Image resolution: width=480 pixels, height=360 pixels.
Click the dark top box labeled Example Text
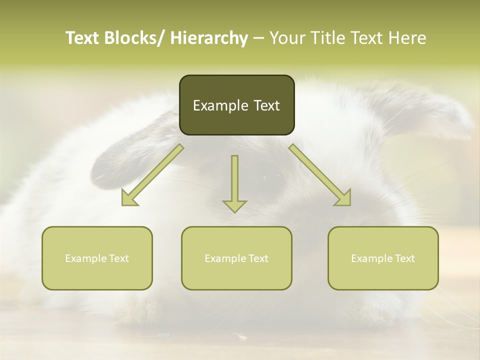[x=236, y=105]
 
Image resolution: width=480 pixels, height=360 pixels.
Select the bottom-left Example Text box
[x=97, y=258]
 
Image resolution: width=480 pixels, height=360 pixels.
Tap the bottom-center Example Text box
[x=236, y=258]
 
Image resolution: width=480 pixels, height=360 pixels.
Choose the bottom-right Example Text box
[x=383, y=258]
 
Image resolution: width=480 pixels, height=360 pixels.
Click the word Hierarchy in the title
[x=209, y=38]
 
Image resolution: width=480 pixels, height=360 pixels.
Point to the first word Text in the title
[x=83, y=38]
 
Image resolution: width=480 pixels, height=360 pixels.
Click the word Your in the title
[x=287, y=38]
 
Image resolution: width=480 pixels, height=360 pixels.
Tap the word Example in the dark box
[x=220, y=105]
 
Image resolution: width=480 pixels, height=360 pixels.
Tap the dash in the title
[x=258, y=38]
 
